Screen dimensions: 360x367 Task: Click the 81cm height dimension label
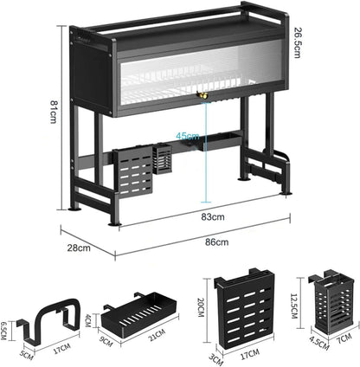53,112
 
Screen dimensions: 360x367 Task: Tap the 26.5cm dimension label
298,42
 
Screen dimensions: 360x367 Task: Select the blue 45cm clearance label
188,136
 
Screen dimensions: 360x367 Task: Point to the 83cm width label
213,216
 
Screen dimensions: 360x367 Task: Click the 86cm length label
217,241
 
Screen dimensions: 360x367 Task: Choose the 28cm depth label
79,248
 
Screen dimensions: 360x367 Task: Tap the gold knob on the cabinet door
201,94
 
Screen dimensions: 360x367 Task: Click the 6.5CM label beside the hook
3,331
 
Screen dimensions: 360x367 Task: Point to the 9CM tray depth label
106,341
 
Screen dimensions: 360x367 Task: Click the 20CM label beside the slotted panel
201,307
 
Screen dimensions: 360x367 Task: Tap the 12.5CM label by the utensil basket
293,306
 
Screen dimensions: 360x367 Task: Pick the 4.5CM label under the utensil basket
319,343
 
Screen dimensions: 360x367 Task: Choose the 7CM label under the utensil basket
344,338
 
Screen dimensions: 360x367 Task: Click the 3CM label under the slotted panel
216,359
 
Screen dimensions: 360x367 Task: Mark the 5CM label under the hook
26,355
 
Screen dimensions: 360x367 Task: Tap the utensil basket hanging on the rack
162,159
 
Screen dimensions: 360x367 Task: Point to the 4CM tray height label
87,320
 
